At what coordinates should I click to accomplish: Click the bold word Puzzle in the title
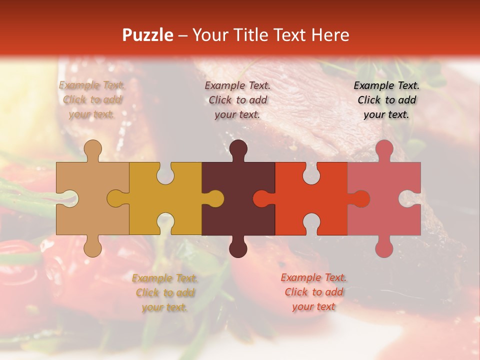coord(147,35)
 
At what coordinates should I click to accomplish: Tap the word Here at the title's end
coord(329,35)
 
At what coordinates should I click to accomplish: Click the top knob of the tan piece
coord(92,148)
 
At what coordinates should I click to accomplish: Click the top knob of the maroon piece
coord(238,148)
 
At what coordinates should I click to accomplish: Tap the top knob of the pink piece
coord(384,148)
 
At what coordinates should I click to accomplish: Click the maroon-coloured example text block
coord(238,99)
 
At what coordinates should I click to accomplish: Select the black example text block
coord(386,99)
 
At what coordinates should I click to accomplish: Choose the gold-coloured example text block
coord(165,292)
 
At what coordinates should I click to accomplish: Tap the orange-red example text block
coord(313,292)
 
